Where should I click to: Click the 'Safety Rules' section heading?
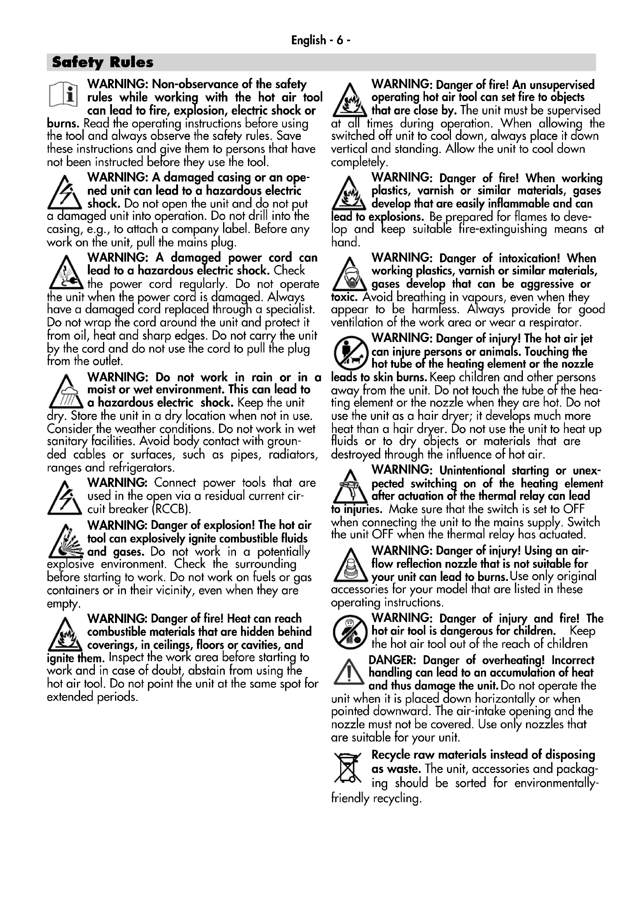coord(103,62)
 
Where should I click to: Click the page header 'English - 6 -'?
coord(321,40)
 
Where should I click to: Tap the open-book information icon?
coord(63,95)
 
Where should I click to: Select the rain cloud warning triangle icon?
coord(66,393)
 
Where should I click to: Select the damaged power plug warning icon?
coord(66,273)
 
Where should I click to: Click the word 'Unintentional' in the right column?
coord(472,470)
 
